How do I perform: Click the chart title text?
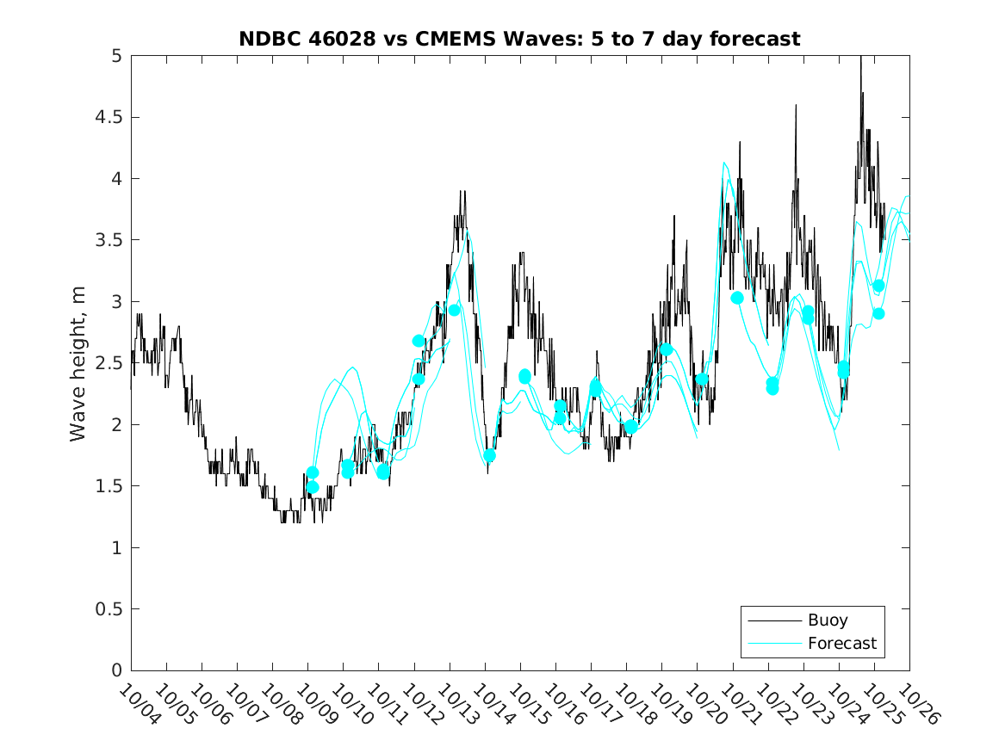[519, 39]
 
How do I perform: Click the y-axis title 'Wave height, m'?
[78, 363]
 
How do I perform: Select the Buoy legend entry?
[827, 620]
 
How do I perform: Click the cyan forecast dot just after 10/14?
[489, 455]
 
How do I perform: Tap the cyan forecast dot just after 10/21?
[737, 298]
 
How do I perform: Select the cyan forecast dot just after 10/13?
[454, 310]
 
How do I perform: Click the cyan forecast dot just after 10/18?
[631, 427]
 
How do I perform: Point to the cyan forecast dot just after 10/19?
[666, 349]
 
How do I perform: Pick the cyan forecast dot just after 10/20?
[702, 380]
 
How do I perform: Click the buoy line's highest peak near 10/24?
[860, 59]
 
